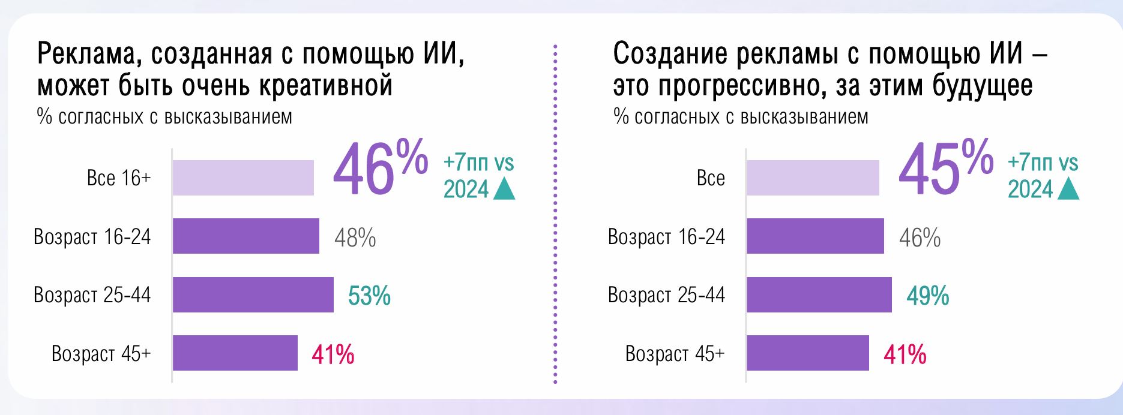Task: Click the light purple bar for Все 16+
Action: [243, 178]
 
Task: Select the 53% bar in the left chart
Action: [253, 294]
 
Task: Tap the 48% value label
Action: [355, 238]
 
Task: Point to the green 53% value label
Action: [369, 296]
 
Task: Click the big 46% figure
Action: [379, 169]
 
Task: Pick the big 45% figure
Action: [945, 169]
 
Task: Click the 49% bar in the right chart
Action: [819, 294]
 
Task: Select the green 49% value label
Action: [927, 296]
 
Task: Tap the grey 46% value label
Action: [920, 238]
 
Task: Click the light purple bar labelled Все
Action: [813, 178]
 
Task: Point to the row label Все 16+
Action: [119, 178]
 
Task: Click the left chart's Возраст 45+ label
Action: [101, 353]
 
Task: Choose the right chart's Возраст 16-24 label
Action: [666, 237]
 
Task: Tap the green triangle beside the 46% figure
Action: [504, 190]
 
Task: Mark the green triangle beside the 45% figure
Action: [1068, 190]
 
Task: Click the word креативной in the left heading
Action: [326, 86]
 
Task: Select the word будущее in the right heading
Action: [983, 86]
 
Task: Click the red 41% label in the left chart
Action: [333, 355]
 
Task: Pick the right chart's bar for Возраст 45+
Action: [807, 353]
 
